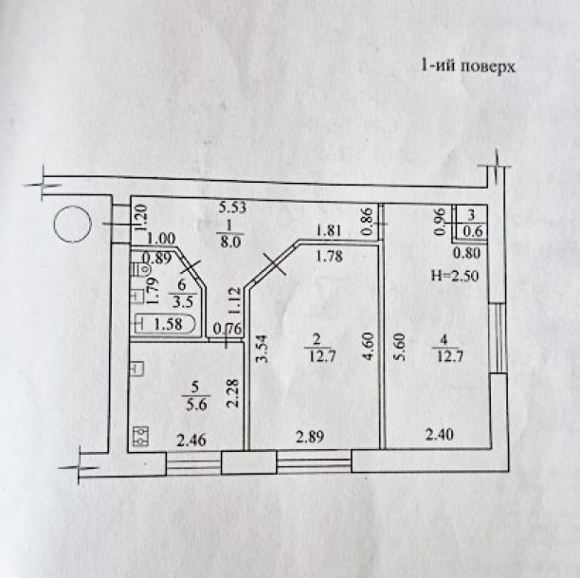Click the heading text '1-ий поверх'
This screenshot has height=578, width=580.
click(x=468, y=67)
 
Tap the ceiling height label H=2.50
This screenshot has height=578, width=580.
click(x=455, y=275)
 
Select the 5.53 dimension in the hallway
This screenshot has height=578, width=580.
click(x=232, y=208)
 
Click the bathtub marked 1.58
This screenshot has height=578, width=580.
click(x=165, y=324)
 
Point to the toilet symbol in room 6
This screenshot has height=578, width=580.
click(x=141, y=269)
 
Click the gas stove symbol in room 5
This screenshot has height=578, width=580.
click(x=140, y=436)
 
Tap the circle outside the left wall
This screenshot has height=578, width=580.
click(x=72, y=225)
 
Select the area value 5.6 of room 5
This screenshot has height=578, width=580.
click(x=196, y=405)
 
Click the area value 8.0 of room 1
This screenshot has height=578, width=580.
click(x=230, y=242)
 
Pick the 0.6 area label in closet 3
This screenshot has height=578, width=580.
click(x=473, y=231)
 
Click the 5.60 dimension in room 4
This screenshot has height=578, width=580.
click(x=401, y=347)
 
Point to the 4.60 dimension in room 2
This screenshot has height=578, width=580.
click(x=370, y=347)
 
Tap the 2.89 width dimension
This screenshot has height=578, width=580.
click(x=310, y=437)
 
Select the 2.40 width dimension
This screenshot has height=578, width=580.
click(x=440, y=434)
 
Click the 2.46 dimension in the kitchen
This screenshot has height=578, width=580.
click(x=191, y=440)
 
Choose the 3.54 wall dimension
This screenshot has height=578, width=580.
click(x=262, y=349)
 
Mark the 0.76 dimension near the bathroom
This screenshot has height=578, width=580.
click(x=227, y=329)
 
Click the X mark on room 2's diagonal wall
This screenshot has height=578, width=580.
click(x=274, y=264)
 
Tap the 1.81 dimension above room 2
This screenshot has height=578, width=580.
click(x=329, y=231)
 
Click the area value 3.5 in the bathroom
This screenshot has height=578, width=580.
click(x=184, y=302)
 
